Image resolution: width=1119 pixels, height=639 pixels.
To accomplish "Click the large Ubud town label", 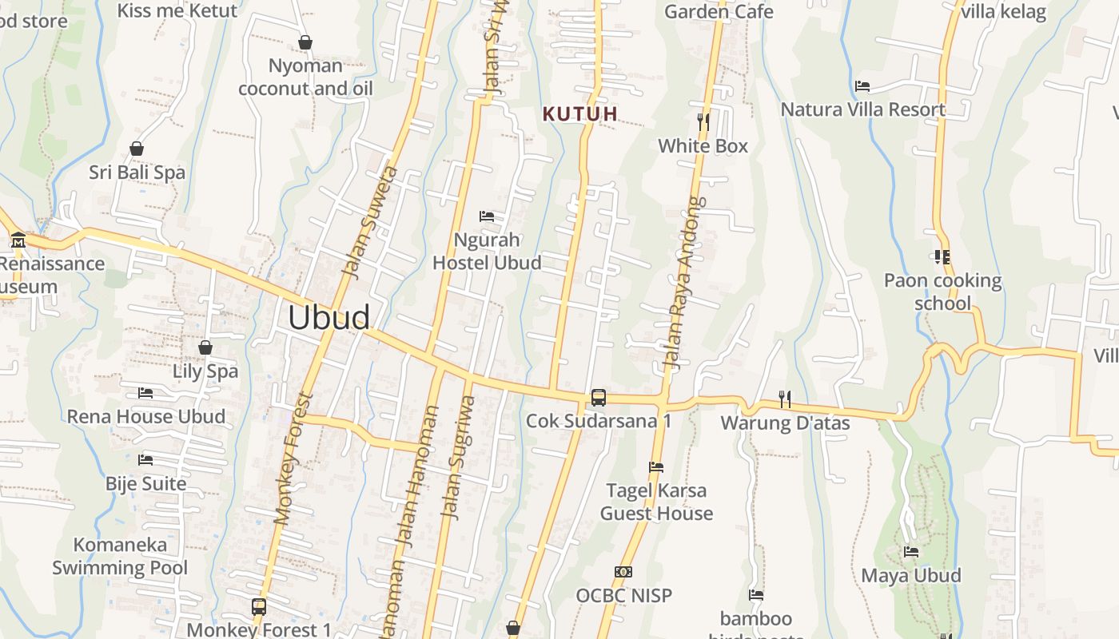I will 329,318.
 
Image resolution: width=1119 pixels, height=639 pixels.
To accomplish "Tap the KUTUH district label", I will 580,113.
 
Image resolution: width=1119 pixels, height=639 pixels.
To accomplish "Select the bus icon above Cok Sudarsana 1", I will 598,397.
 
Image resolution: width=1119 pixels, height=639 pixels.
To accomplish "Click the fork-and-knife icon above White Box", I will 703,122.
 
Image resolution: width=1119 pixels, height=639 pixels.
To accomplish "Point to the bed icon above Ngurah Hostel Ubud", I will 487,216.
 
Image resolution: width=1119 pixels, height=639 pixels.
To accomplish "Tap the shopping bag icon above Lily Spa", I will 205,347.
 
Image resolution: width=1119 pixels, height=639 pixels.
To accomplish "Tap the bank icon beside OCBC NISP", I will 623,572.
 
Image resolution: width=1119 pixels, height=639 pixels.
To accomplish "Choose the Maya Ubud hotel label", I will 911,575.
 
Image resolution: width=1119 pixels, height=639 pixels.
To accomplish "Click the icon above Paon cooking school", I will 942,257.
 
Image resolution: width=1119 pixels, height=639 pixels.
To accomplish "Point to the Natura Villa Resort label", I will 863,109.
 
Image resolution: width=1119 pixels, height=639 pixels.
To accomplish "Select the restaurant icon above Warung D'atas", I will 785,399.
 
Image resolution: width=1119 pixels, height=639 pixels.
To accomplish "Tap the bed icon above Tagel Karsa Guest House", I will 656,466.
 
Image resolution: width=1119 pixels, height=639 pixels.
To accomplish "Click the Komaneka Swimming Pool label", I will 120,557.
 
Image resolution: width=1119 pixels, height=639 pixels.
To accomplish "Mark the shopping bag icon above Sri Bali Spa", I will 137,149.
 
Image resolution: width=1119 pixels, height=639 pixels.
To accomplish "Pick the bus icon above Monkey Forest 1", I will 259,606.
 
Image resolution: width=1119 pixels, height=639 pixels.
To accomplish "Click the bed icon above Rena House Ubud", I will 145,392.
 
